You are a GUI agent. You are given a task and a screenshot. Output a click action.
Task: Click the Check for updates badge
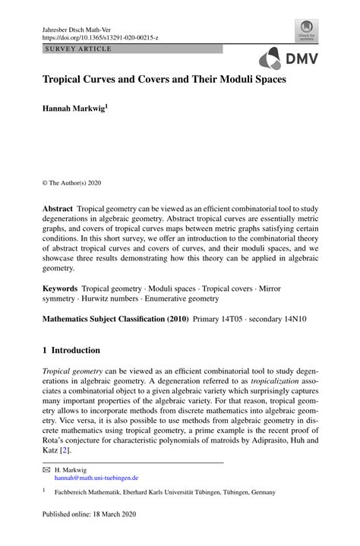307,31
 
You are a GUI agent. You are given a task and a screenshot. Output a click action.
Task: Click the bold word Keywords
60,289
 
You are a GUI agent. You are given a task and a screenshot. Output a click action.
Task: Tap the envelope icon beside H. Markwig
45,471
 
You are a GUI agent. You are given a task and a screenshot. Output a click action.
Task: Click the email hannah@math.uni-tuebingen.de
96,478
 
